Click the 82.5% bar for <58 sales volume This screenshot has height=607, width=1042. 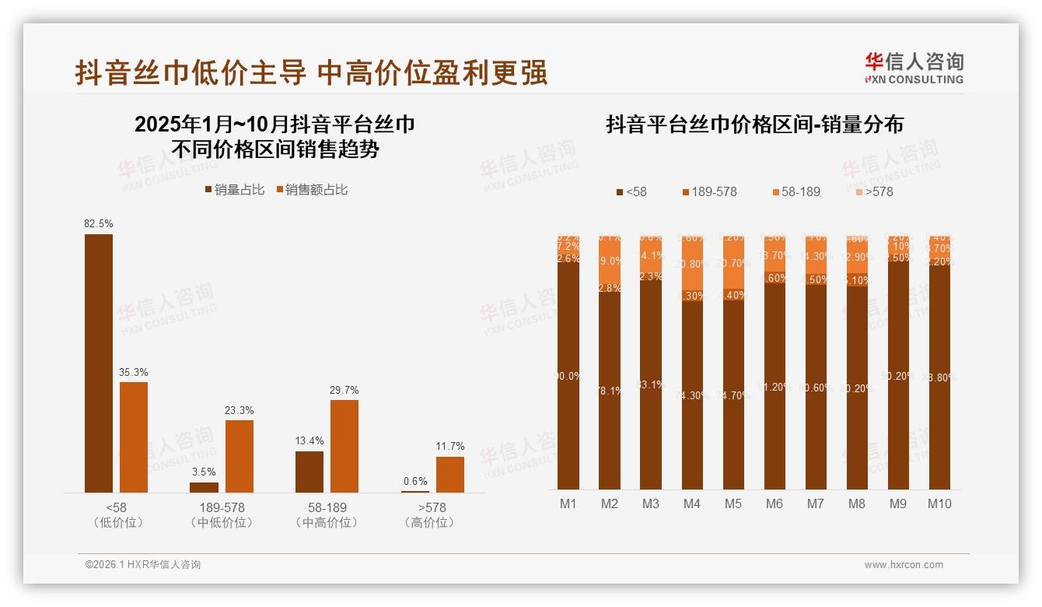(99, 363)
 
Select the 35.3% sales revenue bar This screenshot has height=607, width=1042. (134, 437)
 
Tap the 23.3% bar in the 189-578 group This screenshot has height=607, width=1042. (240, 456)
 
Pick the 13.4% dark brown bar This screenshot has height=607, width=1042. (309, 472)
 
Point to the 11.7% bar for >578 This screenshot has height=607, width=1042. (449, 474)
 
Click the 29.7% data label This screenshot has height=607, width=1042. (344, 391)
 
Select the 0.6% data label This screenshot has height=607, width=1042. (415, 482)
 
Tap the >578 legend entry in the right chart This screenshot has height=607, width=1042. (874, 191)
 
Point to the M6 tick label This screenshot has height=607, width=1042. (774, 504)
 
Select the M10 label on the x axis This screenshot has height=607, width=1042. (939, 504)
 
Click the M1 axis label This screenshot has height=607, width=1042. (568, 504)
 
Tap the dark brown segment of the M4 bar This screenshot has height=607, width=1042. (692, 395)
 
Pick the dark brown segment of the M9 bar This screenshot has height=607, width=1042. (898, 376)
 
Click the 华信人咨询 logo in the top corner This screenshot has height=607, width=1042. (914, 68)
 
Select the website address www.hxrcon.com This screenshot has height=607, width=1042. (904, 565)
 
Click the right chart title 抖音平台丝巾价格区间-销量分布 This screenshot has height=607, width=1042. (754, 125)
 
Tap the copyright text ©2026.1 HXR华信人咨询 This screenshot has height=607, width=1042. (143, 565)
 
